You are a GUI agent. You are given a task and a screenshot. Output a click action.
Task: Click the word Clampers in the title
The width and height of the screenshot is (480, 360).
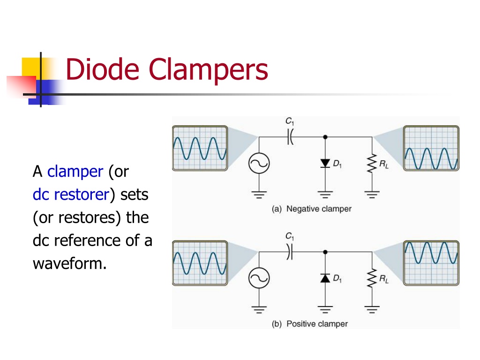coord(209,71)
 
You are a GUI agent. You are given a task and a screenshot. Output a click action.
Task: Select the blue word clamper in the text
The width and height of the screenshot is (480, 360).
coord(75,171)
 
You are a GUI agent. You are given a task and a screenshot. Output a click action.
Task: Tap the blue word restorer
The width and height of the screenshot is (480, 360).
coord(82,195)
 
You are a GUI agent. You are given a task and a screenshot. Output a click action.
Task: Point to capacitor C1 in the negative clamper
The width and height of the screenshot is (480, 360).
coord(290,137)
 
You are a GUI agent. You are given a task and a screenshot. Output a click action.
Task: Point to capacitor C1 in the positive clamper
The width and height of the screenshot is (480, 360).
coord(290,252)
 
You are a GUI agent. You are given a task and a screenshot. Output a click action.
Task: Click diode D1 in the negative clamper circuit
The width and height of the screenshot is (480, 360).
coord(325,163)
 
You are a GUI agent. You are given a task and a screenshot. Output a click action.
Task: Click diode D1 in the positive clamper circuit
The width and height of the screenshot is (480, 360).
coord(325,278)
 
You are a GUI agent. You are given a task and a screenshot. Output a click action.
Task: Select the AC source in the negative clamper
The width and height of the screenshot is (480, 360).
coord(259,163)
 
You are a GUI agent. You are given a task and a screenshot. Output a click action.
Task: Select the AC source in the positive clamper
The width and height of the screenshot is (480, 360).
coord(259,278)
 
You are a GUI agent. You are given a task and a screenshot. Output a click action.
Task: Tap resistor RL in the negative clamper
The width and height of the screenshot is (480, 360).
coord(372,164)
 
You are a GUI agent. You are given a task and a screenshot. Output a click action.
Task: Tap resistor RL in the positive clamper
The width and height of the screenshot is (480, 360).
coord(372,278)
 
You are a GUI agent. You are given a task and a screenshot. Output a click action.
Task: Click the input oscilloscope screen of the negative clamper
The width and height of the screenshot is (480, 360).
coord(200,148)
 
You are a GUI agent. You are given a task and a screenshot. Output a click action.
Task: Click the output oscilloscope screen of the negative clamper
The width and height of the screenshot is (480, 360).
coord(431,148)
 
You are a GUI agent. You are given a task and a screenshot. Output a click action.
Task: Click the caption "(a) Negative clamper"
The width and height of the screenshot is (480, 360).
coord(311,209)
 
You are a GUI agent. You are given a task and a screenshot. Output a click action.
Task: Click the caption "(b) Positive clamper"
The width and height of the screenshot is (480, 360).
coord(309,324)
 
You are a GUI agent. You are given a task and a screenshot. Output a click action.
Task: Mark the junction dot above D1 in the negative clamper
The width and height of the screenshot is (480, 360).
coord(325,137)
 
